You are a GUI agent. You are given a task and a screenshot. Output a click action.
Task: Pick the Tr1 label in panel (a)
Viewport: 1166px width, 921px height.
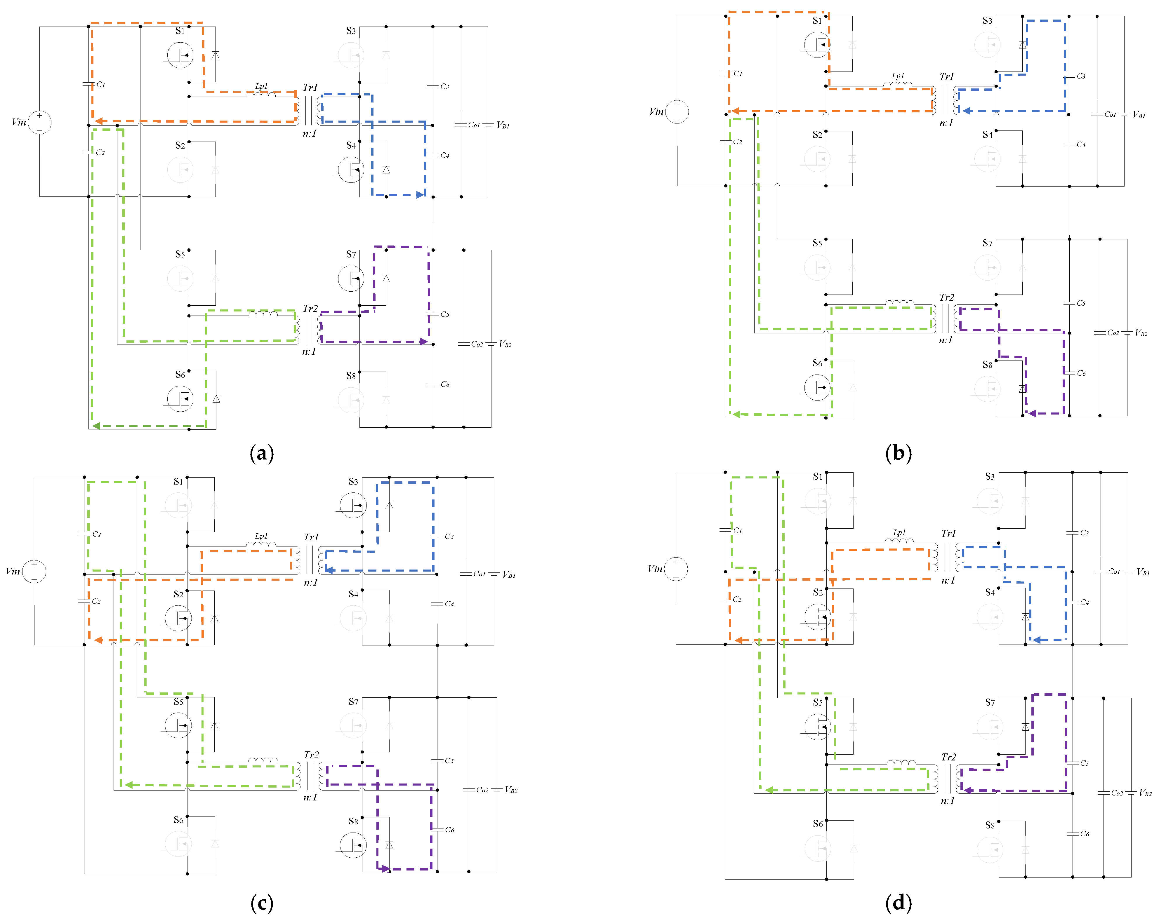pos(310,87)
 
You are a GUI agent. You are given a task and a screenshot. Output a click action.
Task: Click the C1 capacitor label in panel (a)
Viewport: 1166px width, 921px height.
pos(100,85)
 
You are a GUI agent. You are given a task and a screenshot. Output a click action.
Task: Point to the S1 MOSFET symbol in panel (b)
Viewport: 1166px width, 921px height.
pos(817,44)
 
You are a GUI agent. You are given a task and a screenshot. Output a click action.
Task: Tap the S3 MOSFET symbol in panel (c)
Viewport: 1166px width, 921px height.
pos(353,505)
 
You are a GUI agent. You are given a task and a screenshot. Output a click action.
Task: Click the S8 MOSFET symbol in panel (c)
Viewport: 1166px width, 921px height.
pos(353,845)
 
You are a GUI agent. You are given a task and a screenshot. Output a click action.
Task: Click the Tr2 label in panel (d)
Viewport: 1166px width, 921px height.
pos(948,757)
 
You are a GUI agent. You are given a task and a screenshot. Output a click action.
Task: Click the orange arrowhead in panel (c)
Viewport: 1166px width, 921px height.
pos(98,640)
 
